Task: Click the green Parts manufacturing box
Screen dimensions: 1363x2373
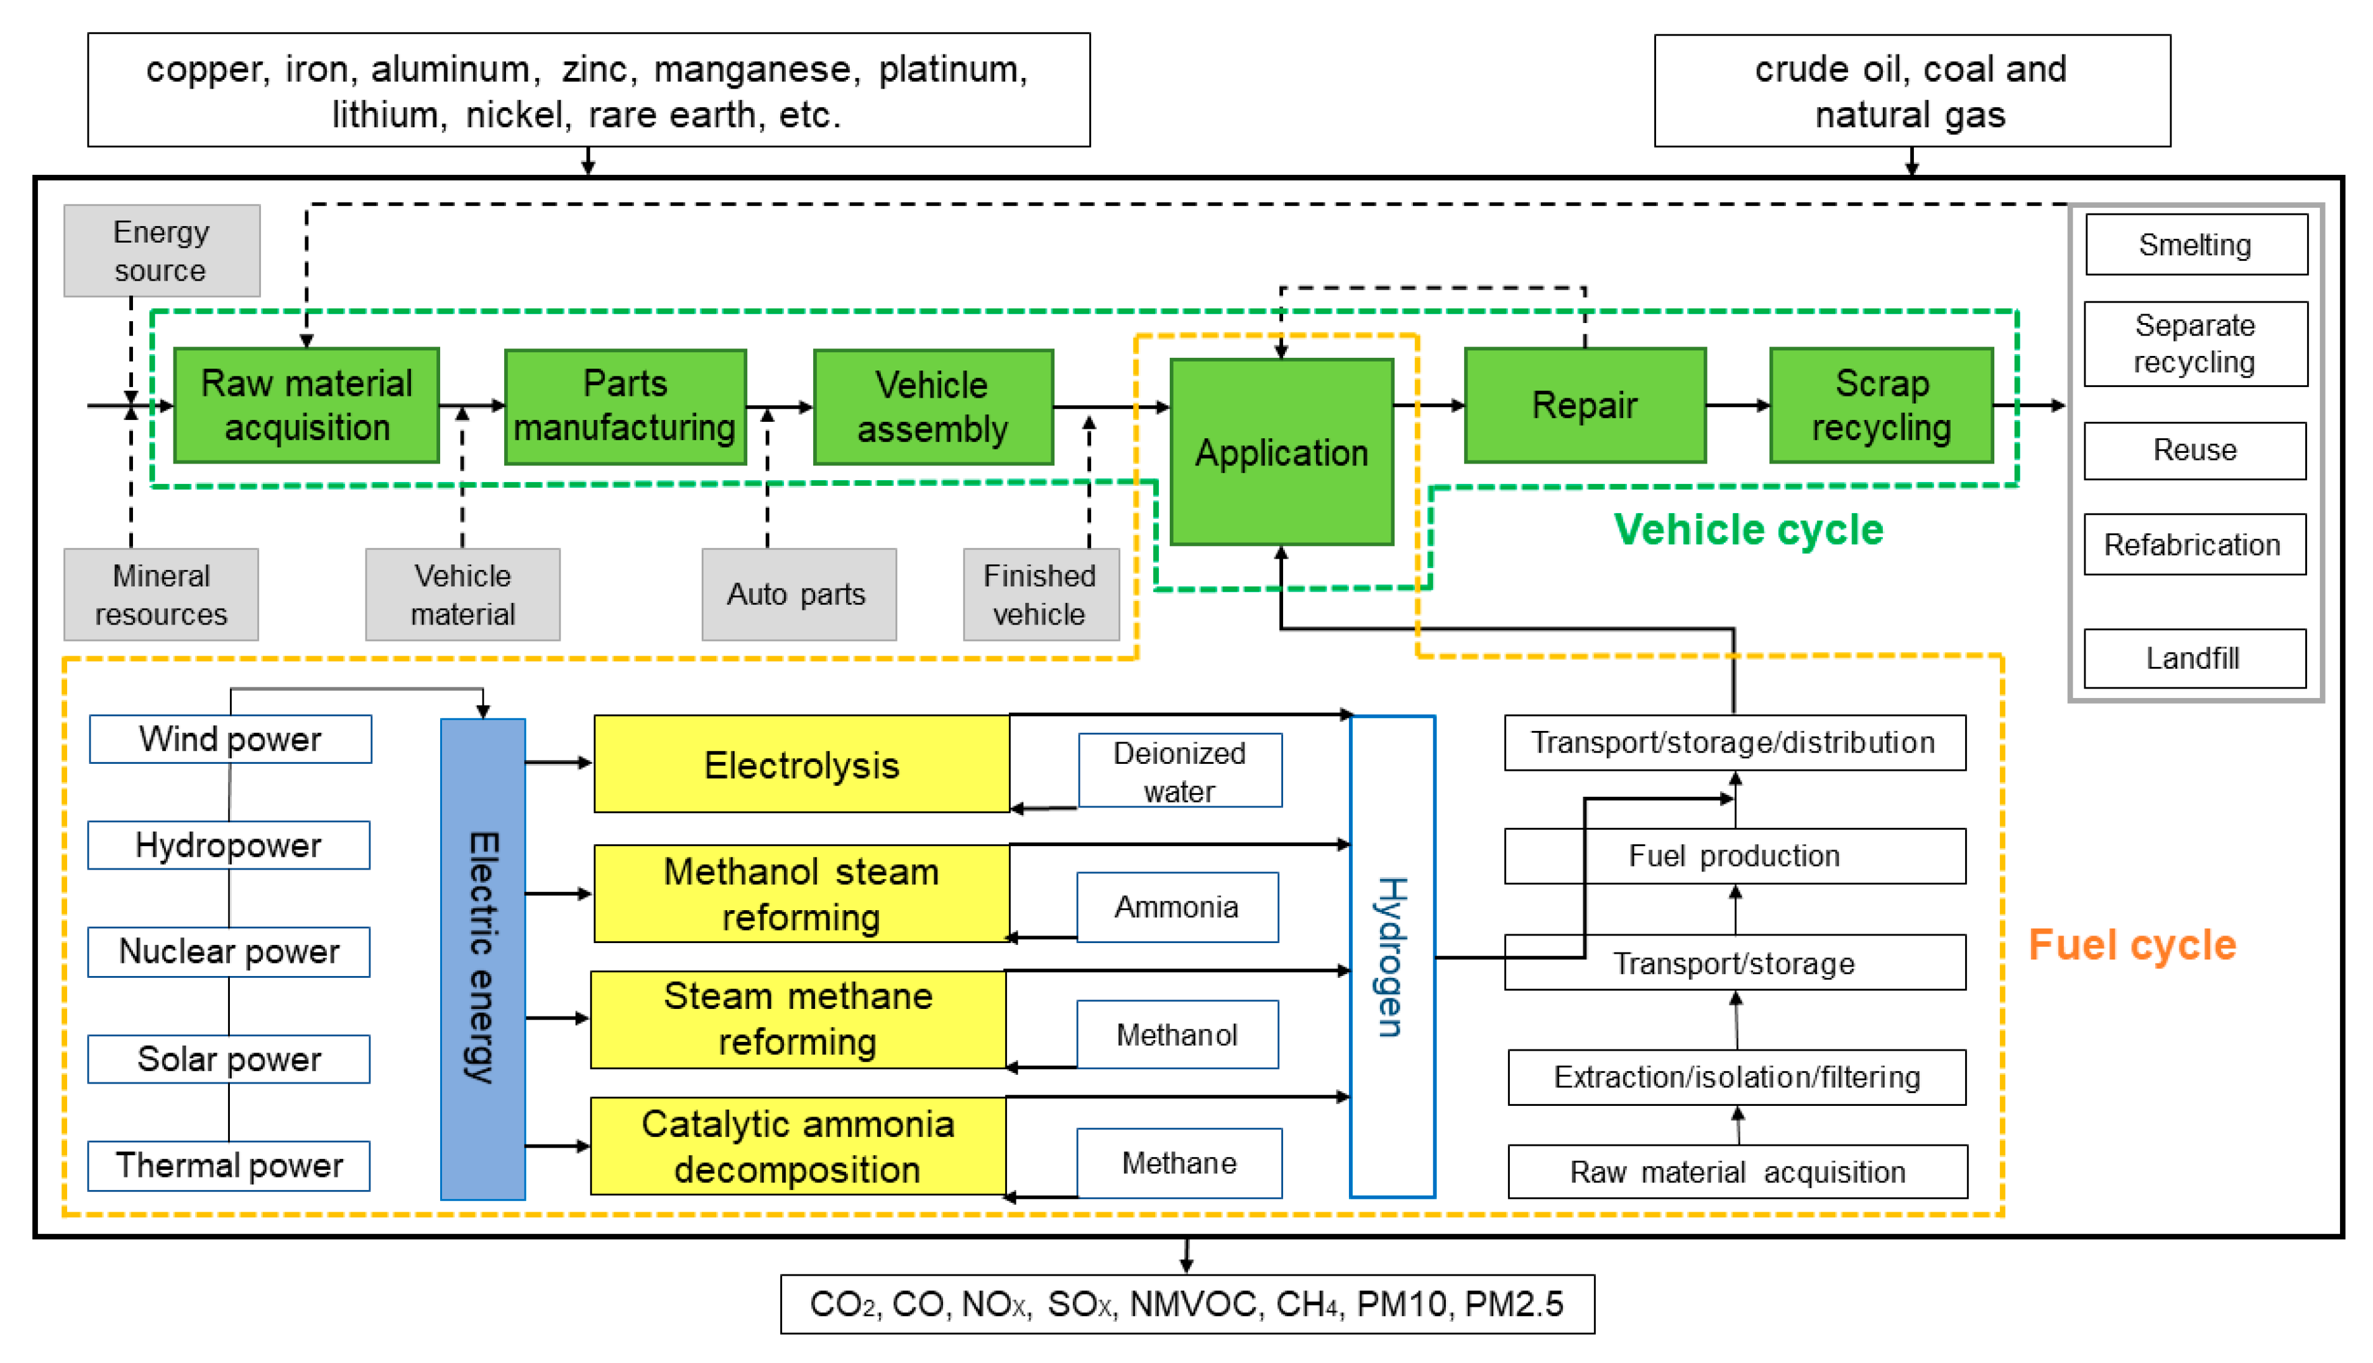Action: (x=625, y=406)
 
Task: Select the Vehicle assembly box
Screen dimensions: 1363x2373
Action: (x=933, y=406)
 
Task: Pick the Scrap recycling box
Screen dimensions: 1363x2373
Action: (x=1881, y=405)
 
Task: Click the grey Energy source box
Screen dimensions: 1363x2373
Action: (x=161, y=251)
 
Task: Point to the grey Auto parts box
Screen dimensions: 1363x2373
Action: (x=797, y=595)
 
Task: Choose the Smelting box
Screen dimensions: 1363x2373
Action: (x=2195, y=244)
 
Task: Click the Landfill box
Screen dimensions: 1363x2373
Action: (x=2193, y=658)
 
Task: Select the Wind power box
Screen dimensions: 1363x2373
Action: (x=230, y=739)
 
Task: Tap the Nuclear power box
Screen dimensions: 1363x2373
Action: (x=229, y=951)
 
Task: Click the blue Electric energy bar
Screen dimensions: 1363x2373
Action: (x=483, y=958)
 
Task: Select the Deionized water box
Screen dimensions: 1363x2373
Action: (x=1179, y=770)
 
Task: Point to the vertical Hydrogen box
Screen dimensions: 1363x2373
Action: (x=1391, y=956)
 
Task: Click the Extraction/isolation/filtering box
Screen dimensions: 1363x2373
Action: (x=1736, y=1077)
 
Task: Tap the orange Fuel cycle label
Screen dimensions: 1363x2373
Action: (x=2132, y=944)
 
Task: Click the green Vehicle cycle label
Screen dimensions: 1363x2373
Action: (x=1748, y=530)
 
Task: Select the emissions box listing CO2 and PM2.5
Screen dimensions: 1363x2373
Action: (x=1187, y=1303)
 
